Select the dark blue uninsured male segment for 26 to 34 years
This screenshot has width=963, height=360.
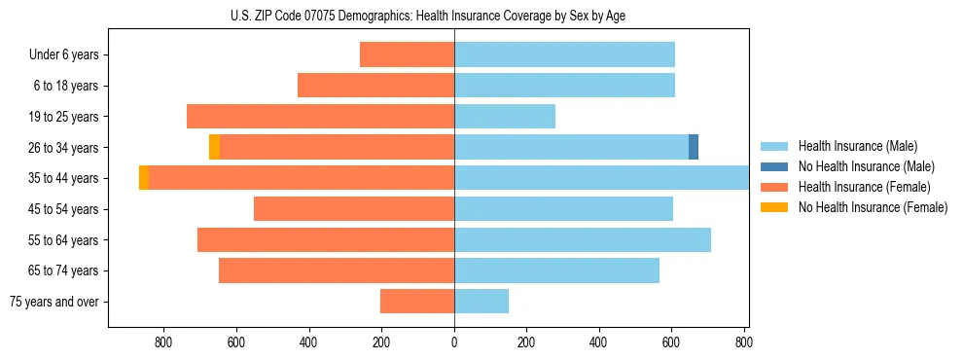coord(694,147)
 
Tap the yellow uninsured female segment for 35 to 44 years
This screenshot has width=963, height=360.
coord(144,178)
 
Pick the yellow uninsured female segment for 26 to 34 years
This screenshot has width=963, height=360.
coord(214,147)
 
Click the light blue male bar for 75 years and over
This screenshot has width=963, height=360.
coord(481,302)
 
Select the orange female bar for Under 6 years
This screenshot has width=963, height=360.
coord(407,54)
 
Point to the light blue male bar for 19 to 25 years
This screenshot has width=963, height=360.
coord(505,117)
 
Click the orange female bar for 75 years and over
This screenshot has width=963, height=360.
coord(417,302)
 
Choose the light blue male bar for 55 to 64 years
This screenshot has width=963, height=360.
coord(583,239)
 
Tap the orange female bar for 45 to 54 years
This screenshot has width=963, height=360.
coord(354,209)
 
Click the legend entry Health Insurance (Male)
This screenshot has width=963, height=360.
coord(857,146)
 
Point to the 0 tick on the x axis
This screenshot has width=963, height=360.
coord(454,342)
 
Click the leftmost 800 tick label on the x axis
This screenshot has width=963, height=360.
coord(163,342)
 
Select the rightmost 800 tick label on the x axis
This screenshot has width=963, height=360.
coord(744,342)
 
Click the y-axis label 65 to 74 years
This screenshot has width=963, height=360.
coord(64,270)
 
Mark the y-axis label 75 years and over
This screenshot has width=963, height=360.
coord(54,302)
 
